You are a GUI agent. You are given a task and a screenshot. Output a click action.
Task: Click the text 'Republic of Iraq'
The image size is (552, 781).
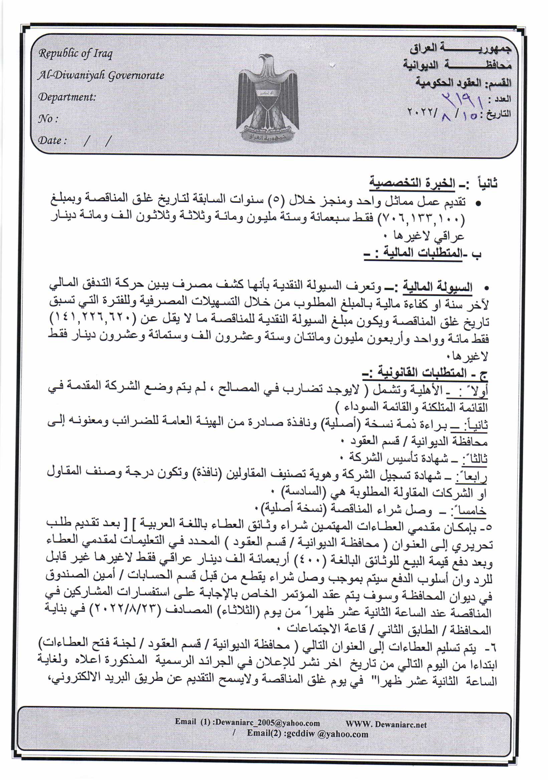tap(75, 53)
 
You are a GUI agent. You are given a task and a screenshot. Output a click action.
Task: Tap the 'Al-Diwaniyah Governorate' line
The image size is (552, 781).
tap(101, 75)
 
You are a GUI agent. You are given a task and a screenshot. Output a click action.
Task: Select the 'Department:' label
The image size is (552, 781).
tap(67, 97)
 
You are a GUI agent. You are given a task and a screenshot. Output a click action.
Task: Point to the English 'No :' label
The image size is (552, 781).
tap(48, 119)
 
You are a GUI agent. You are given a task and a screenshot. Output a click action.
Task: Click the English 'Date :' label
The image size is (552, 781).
tap(52, 140)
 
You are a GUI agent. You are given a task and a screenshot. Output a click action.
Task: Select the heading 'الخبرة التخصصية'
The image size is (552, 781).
tap(412, 183)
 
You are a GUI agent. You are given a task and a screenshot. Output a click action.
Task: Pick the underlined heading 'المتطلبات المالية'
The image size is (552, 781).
tap(423, 253)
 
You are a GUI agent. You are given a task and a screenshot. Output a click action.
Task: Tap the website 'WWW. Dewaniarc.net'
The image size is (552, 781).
tap(386, 724)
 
